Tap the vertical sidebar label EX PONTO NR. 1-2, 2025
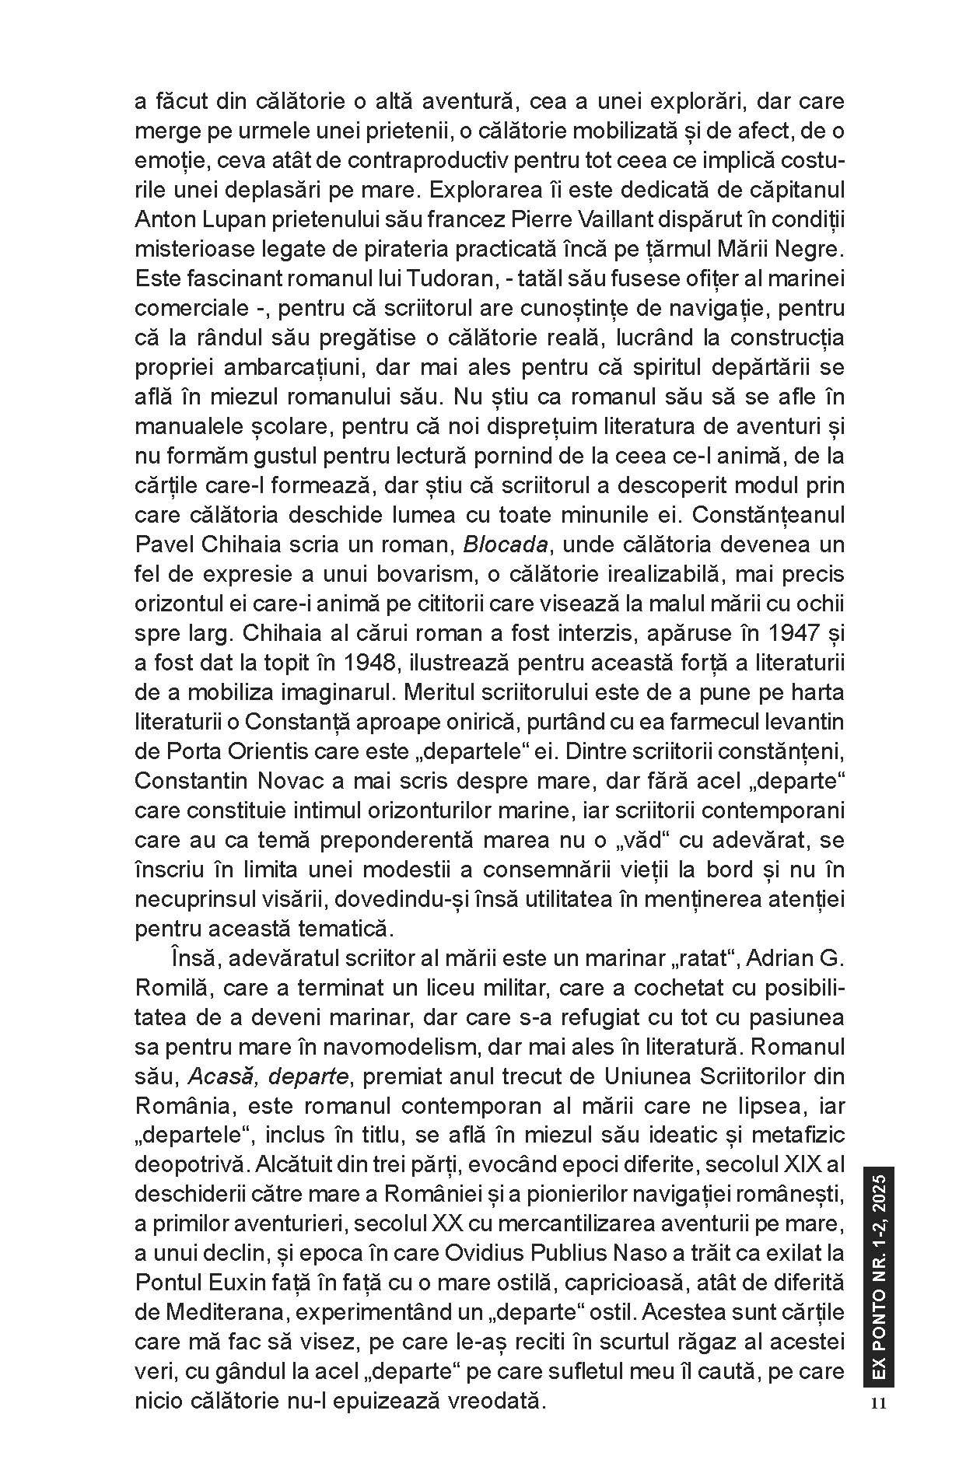point(879,1276)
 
